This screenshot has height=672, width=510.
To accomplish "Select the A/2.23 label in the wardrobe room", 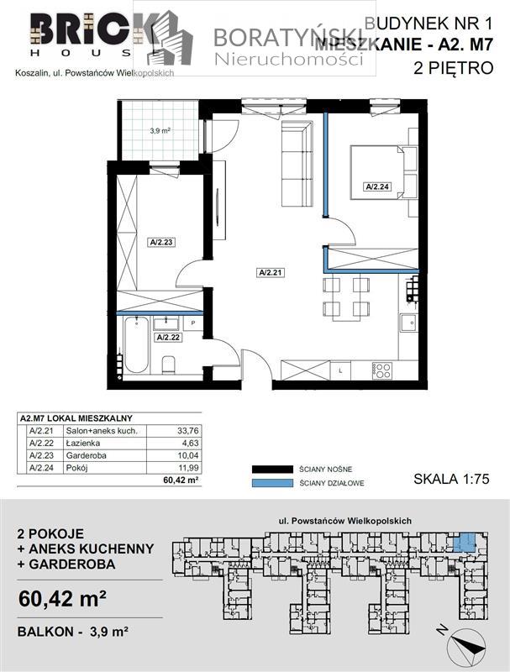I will click(160, 243).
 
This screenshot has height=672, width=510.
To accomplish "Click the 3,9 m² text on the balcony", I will click(160, 131).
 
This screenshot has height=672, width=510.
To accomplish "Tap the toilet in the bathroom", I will click(168, 364).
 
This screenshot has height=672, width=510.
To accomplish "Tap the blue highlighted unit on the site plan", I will click(464, 542).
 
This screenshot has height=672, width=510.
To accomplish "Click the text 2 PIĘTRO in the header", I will click(454, 71).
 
